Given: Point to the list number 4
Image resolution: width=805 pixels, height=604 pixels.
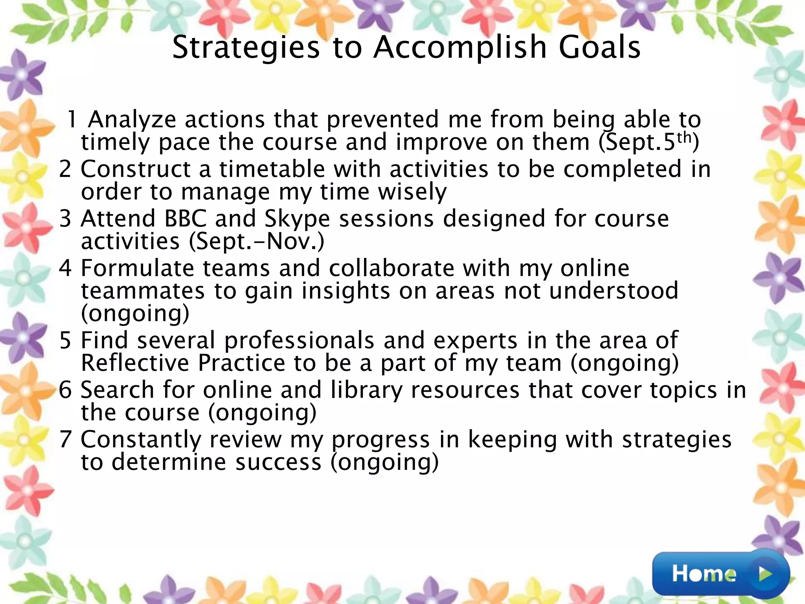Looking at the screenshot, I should tap(65, 268).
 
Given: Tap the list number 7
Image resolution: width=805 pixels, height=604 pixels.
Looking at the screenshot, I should tap(65, 439).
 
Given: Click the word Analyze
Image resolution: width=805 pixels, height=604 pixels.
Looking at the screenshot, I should tap(132, 120).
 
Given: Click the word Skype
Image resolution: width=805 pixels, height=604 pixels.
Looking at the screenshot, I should tap(297, 219).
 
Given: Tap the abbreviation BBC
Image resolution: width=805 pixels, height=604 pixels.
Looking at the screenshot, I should tap(185, 219).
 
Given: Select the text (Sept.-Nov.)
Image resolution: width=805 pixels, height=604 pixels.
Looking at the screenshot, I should tap(257, 241).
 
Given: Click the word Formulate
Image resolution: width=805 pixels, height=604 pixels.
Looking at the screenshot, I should tap(137, 269).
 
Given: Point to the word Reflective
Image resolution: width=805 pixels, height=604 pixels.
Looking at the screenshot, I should tap(135, 363).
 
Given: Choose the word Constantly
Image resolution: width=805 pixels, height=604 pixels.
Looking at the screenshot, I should tap(141, 440).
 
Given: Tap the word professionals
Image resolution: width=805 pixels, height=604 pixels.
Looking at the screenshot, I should tap(299, 341).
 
